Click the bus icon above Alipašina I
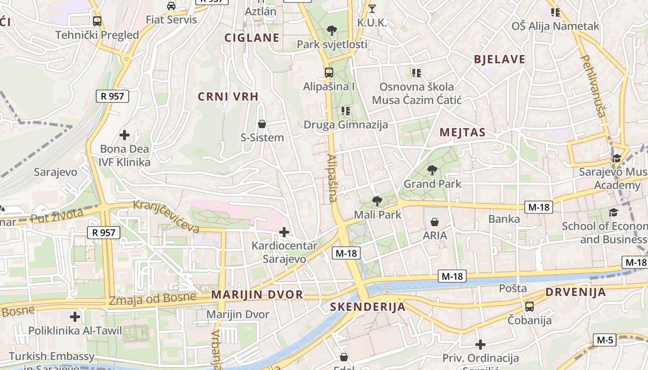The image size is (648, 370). point(329,73)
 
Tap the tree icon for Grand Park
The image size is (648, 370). point(432,170)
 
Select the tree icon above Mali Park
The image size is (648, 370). point(377,201)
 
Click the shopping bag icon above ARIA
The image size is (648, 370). point(435,222)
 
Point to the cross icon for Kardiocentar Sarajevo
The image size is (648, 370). point(284,232)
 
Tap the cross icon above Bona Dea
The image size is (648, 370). point(125,135)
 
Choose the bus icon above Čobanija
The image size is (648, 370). point(530,306)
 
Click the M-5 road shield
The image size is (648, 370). point(605,340)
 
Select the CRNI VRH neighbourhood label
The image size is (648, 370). point(228,97)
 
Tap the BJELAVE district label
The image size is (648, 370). point(499,59)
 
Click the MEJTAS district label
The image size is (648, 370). point(462,133)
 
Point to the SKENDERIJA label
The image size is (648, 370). point(368,307)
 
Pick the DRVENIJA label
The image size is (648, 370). point(575,292)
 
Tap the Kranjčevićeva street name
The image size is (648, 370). point(167,216)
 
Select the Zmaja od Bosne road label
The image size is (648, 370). point(153,299)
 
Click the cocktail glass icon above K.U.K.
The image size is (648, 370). point(372,8)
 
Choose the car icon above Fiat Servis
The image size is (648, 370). point(171,6)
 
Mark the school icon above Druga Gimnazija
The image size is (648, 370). point(345,111)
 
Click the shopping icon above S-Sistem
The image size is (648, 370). point(262,124)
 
